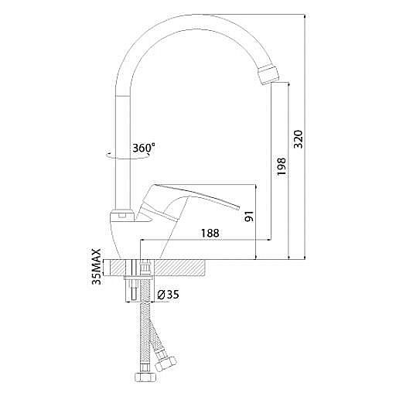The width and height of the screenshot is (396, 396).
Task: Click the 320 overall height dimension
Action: coord(299,139)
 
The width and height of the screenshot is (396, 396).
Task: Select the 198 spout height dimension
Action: coord(281,166)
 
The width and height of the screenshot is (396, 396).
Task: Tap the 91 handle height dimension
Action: coord(249,216)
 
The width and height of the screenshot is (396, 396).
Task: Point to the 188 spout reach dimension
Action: coord(210,233)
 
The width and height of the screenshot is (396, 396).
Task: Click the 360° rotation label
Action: coord(144,148)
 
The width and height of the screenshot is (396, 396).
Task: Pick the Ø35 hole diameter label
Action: coord(168,295)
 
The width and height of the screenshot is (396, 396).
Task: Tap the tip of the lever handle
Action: coord(238,208)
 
